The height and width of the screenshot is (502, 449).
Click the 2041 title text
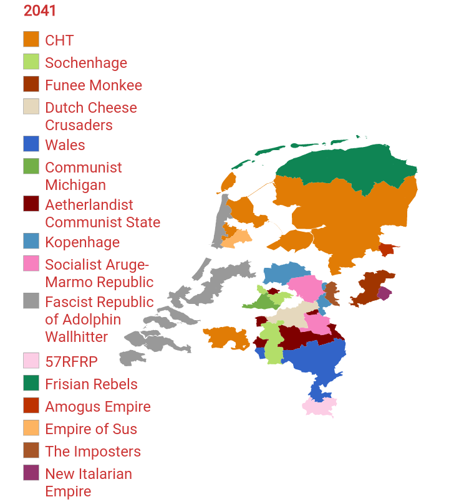40,11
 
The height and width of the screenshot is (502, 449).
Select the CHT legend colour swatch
31,39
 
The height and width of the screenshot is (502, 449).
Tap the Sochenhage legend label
85,63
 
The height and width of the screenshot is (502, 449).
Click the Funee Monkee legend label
93,85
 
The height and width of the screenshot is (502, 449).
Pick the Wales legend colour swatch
31,144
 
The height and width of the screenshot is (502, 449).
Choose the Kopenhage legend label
82,242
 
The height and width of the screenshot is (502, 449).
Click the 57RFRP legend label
71,362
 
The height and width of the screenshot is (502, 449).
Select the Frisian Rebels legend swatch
31,383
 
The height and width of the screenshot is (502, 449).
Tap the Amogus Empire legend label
97,407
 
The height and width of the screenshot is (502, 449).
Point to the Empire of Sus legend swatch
31,428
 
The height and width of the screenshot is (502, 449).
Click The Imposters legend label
92,452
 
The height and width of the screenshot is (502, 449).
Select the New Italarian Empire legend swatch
31,473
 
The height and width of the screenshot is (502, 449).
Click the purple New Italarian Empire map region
385,293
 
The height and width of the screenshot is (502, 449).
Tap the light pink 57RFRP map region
319,407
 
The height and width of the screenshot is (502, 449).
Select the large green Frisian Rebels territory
349,165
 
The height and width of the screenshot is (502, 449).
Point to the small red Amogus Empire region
387,250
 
